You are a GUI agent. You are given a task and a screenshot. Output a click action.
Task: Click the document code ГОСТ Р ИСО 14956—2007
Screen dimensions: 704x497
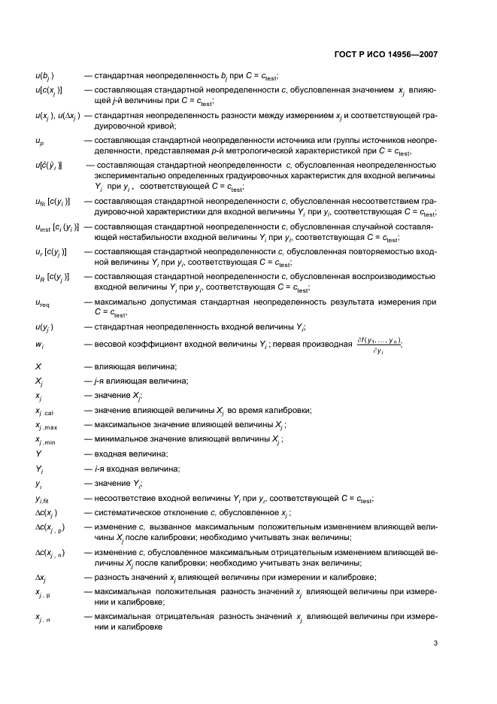coord(386,55)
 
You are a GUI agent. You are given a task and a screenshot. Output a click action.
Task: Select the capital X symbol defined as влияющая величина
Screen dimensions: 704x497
coord(38,366)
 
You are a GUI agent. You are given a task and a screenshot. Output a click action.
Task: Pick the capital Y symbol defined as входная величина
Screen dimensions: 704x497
coord(38,454)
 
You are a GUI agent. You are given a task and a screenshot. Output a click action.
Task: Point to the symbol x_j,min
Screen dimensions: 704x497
coord(47,440)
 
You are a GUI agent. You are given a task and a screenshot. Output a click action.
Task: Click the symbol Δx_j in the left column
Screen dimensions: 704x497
coord(41,577)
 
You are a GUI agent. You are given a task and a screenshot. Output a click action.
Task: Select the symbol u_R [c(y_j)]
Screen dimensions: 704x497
coord(52,277)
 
